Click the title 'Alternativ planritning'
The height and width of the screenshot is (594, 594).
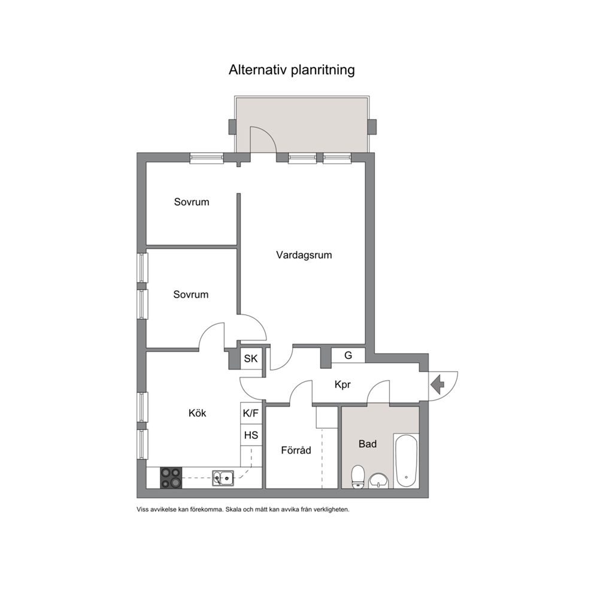[x=292, y=70]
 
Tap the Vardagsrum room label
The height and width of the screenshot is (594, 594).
[x=304, y=255]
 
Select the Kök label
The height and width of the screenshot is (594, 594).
[x=197, y=413]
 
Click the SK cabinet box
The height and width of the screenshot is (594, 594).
[x=251, y=359]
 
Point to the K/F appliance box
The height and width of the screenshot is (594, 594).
[x=251, y=413]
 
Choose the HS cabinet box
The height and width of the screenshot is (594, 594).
[x=251, y=435]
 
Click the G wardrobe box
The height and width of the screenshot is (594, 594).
[x=348, y=355]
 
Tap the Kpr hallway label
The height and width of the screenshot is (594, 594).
[x=342, y=385]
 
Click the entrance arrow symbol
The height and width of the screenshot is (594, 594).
[x=437, y=382]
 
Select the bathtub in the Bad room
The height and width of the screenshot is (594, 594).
[x=407, y=460]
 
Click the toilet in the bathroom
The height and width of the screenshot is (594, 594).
[x=357, y=477]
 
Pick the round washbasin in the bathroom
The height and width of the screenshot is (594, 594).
[x=378, y=480]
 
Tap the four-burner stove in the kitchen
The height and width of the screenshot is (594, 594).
[x=170, y=477]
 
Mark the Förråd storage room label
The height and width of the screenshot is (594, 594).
[x=296, y=450]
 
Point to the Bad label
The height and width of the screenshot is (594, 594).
[x=367, y=444]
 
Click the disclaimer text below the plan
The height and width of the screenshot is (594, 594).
[x=243, y=510]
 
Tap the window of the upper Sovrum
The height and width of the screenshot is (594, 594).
[x=207, y=158]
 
